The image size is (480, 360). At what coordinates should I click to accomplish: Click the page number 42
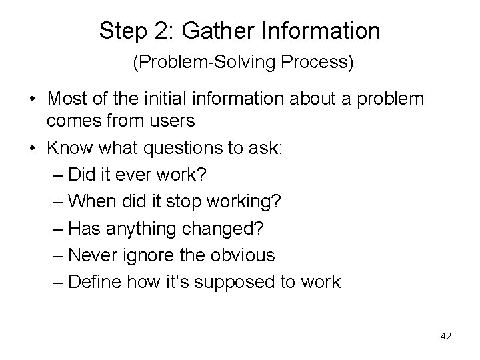click(446, 336)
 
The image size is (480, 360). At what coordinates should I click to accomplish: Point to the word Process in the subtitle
click(319, 63)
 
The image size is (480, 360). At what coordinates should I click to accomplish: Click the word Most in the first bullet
click(67, 99)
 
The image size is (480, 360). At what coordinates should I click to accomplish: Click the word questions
click(185, 149)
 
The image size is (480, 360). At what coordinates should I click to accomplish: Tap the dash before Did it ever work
click(57, 175)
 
